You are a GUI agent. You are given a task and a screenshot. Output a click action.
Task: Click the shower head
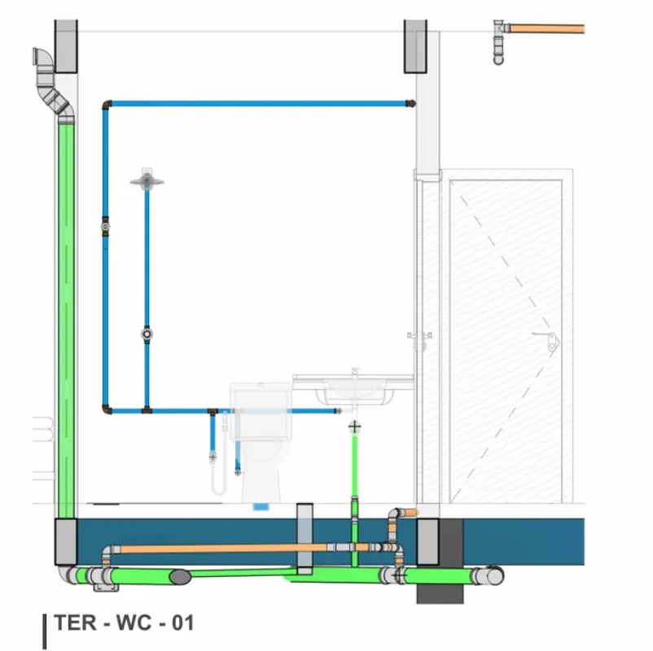[x=147, y=181]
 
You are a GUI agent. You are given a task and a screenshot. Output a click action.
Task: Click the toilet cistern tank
[x=261, y=412]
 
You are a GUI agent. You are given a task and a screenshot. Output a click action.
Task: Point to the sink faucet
[x=355, y=374]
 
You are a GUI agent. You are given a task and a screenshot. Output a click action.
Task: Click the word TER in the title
[x=73, y=624]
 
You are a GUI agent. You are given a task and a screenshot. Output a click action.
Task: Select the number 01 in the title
[x=181, y=624]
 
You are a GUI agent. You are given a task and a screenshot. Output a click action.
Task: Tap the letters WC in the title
[x=129, y=624]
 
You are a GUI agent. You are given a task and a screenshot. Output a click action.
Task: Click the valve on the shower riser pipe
[x=147, y=334]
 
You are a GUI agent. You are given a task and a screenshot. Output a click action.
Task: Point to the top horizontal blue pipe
[x=256, y=103]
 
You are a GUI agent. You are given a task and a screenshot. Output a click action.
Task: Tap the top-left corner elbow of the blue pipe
[x=107, y=104]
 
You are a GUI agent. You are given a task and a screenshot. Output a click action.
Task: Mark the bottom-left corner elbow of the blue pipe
[x=107, y=409]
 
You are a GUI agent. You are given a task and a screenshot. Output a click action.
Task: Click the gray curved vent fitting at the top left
[x=50, y=81]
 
